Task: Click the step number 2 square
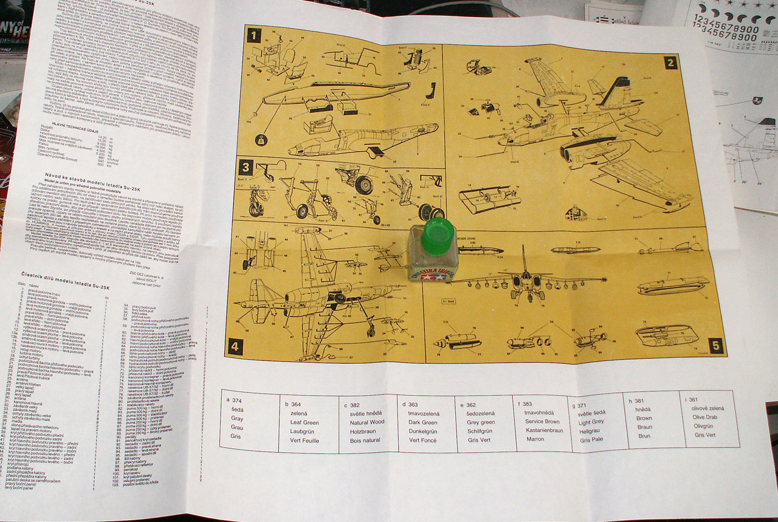click(x=670, y=62)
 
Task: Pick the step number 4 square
click(x=235, y=347)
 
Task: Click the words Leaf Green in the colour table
click(x=305, y=423)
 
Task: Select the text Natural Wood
click(x=367, y=422)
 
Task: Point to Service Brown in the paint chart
click(x=542, y=421)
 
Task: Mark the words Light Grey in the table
click(x=591, y=422)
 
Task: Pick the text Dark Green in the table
click(x=422, y=422)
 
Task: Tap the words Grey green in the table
click(x=481, y=422)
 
